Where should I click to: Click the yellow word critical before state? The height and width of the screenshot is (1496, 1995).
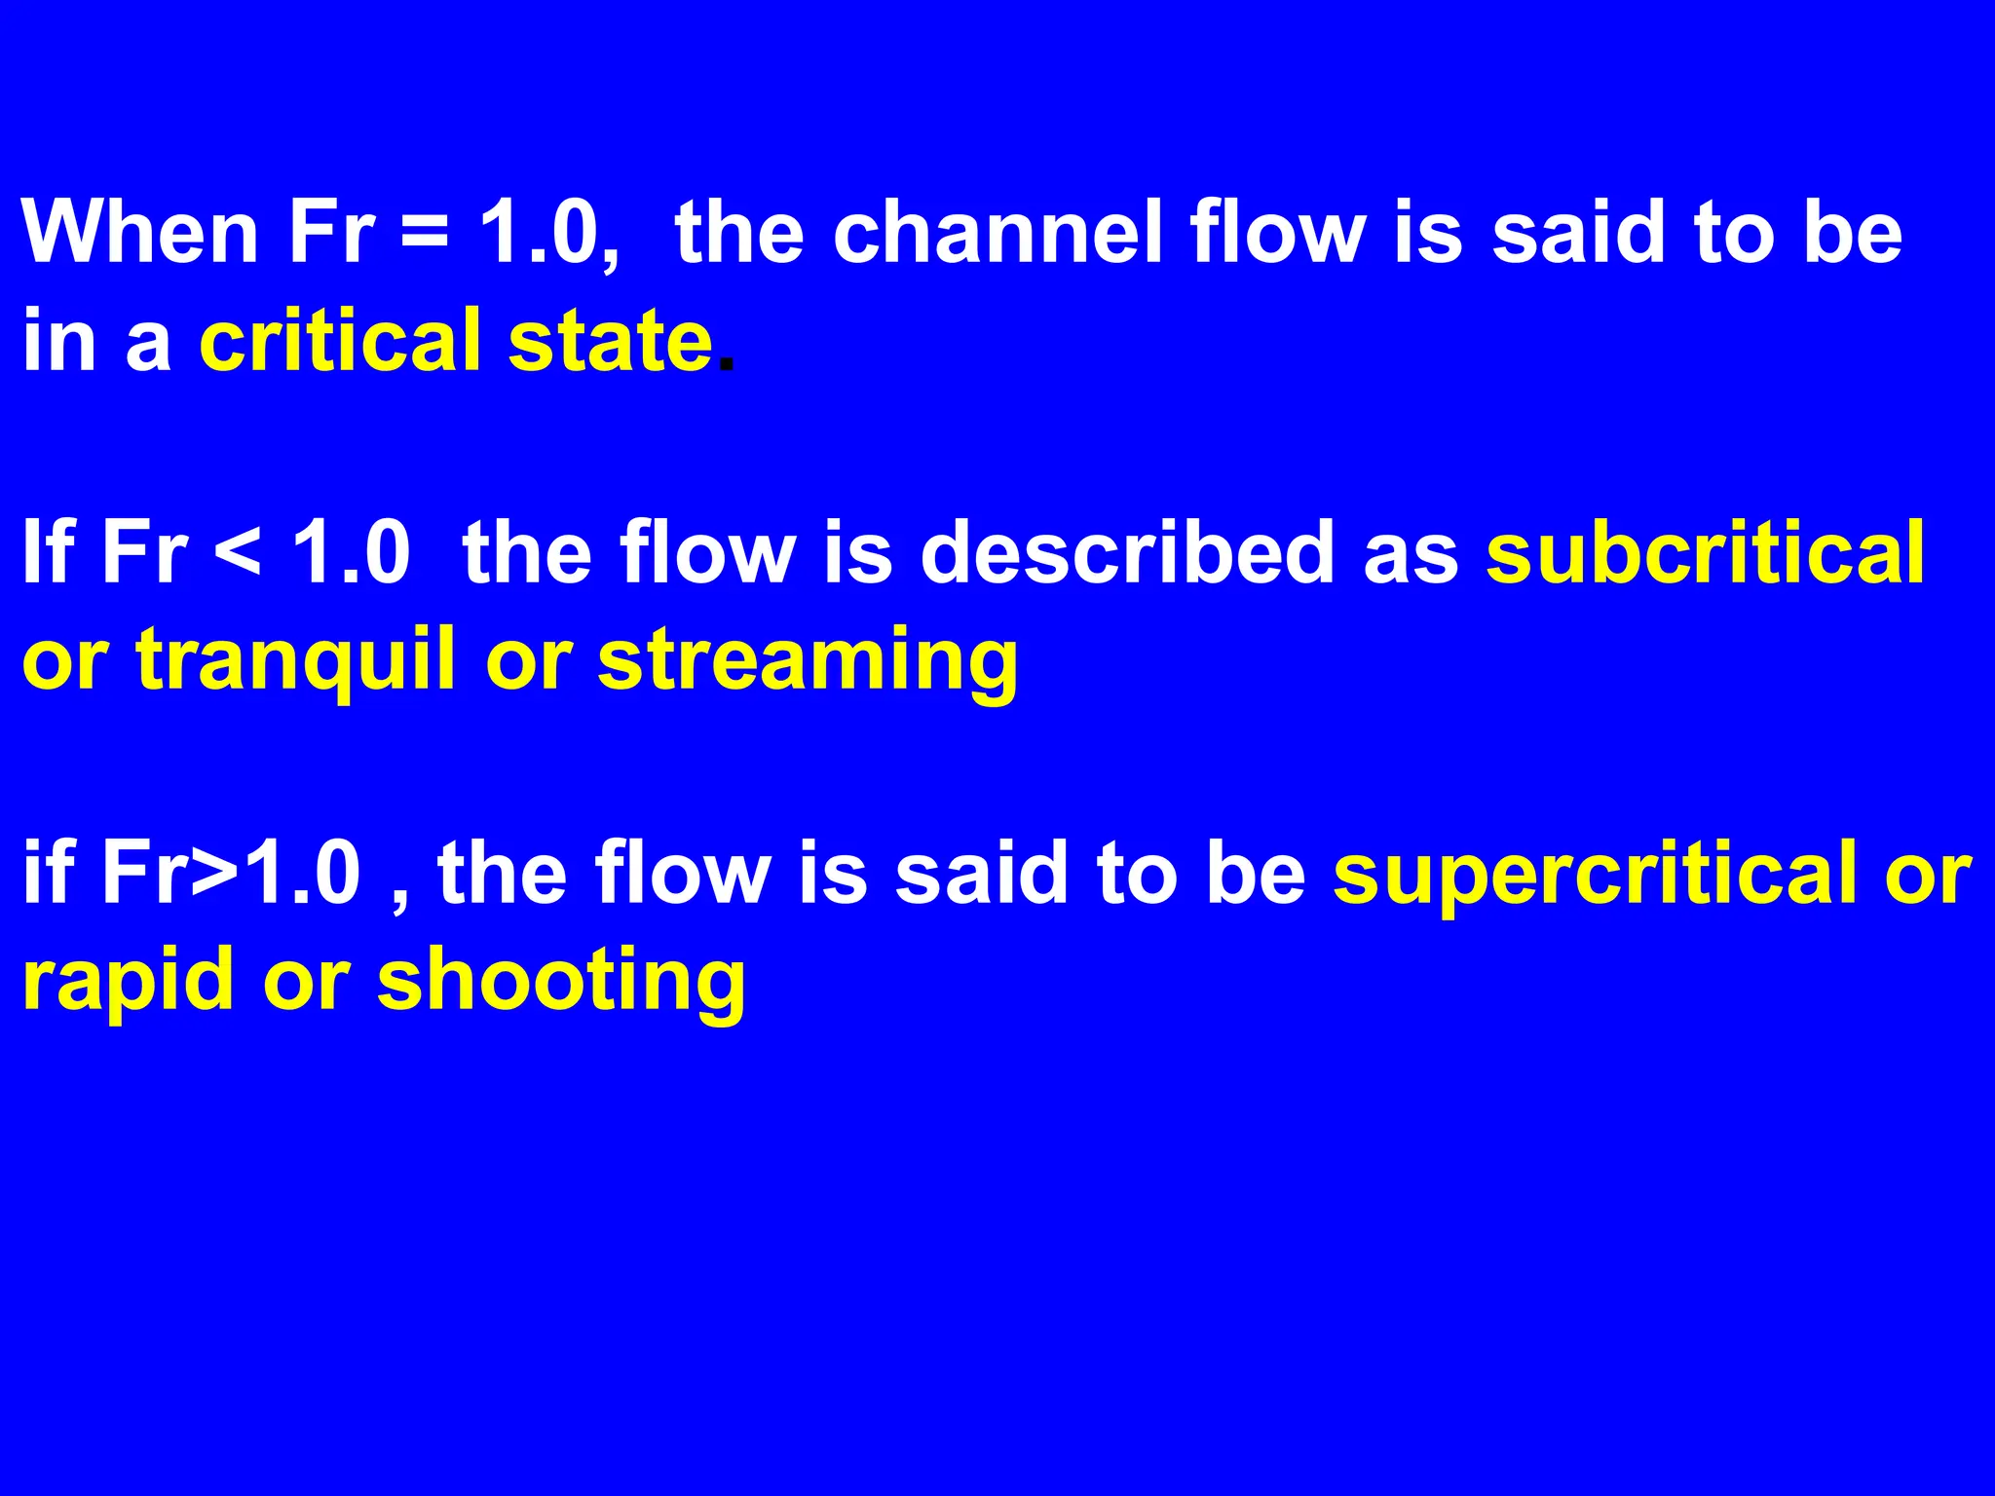click(340, 340)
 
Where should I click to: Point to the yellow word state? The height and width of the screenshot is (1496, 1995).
click(610, 340)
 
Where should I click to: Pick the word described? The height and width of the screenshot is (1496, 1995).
click(1128, 552)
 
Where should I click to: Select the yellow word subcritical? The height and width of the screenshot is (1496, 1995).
click(1705, 552)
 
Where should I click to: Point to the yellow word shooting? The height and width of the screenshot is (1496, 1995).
click(561, 981)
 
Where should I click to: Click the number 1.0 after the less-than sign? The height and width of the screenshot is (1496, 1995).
click(352, 552)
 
